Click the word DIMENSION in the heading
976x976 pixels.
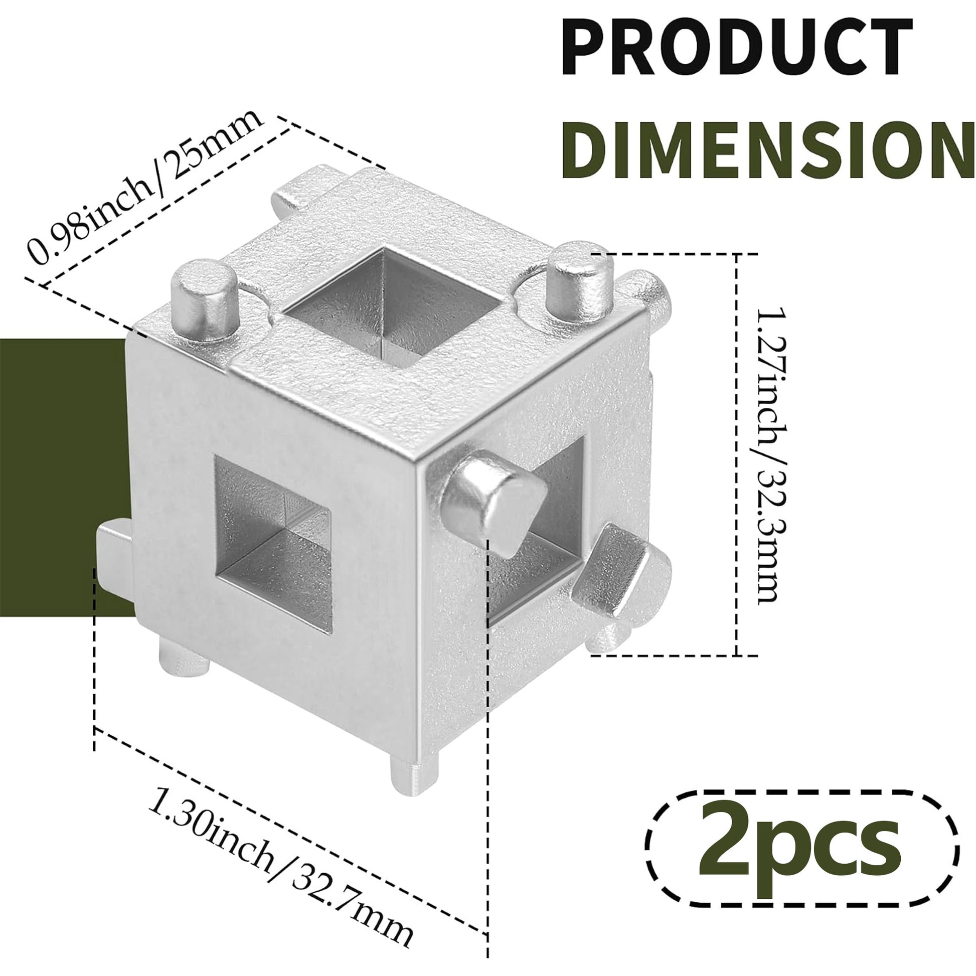coord(768,150)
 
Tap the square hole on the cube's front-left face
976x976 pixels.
coord(273,543)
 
